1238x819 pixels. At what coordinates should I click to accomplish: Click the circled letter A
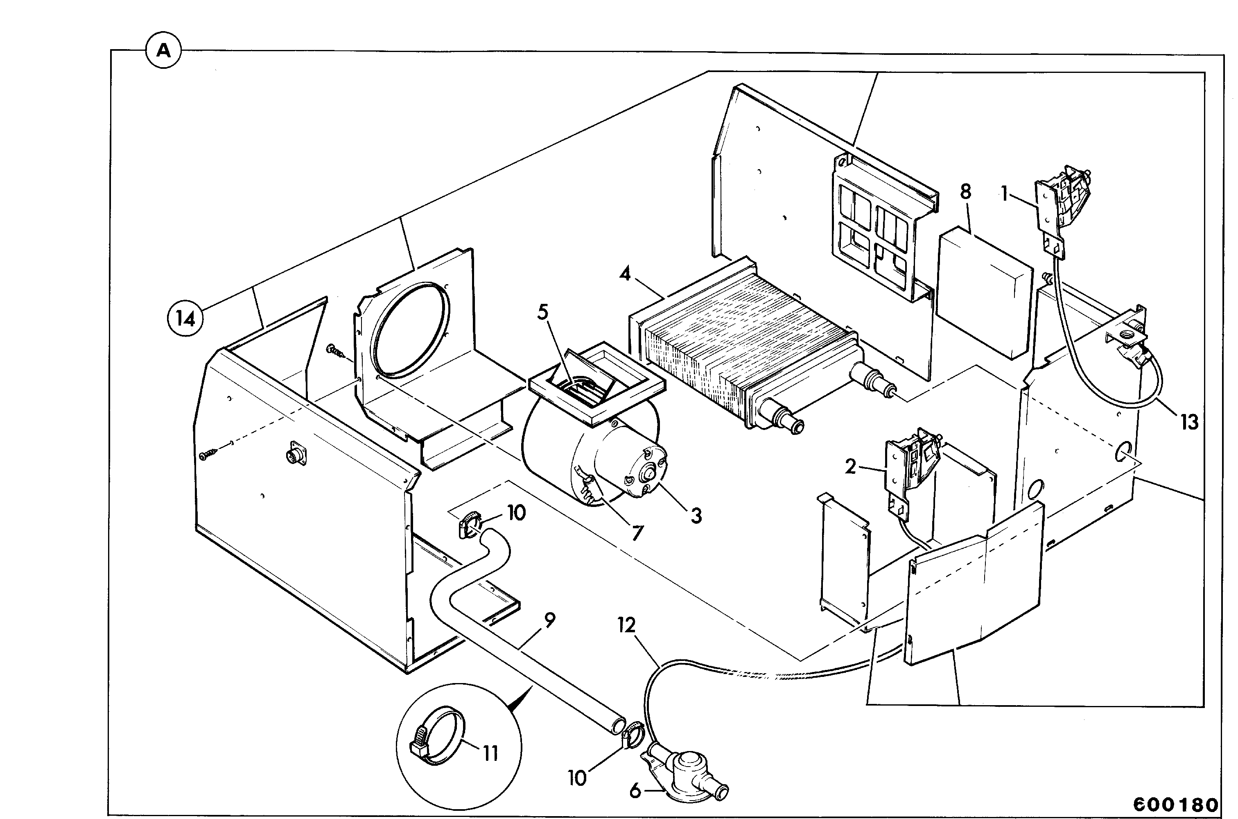click(163, 51)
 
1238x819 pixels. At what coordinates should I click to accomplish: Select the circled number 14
click(185, 318)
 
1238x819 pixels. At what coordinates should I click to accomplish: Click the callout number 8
click(965, 192)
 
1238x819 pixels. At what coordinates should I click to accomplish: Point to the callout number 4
click(625, 274)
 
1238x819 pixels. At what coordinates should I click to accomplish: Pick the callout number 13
click(1189, 422)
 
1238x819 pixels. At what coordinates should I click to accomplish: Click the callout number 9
click(549, 620)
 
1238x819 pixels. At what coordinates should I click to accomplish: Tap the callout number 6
click(635, 791)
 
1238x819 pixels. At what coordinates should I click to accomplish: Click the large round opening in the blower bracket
click(409, 330)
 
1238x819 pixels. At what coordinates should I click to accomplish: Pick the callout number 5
click(543, 312)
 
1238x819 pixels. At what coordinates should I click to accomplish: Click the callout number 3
click(696, 516)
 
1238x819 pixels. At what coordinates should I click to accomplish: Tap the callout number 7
click(637, 533)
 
